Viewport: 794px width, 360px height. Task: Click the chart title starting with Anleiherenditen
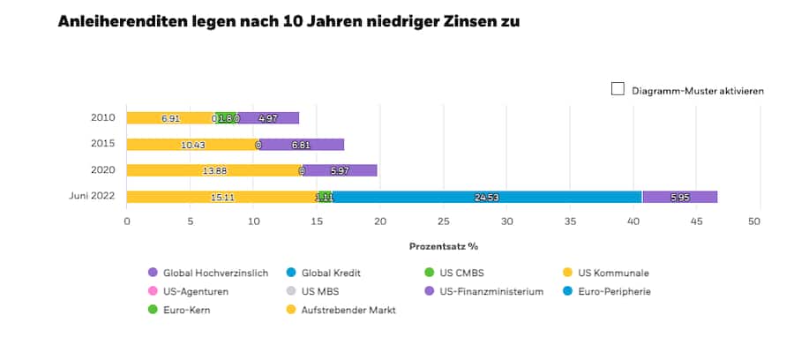tap(288, 20)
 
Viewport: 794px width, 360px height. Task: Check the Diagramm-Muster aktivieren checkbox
tap(618, 89)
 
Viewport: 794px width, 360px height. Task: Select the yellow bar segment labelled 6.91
tap(170, 118)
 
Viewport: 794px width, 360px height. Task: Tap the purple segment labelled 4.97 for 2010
tap(269, 118)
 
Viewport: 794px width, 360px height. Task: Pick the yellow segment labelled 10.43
tap(191, 145)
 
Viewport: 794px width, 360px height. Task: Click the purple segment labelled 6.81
tap(301, 145)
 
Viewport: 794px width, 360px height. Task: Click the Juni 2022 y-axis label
tap(93, 196)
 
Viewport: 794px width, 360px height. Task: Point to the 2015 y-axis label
tap(103, 144)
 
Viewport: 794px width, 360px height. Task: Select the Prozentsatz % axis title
tap(443, 246)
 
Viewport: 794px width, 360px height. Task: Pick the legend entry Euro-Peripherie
tap(614, 292)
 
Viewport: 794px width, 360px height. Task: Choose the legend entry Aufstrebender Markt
tap(346, 311)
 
